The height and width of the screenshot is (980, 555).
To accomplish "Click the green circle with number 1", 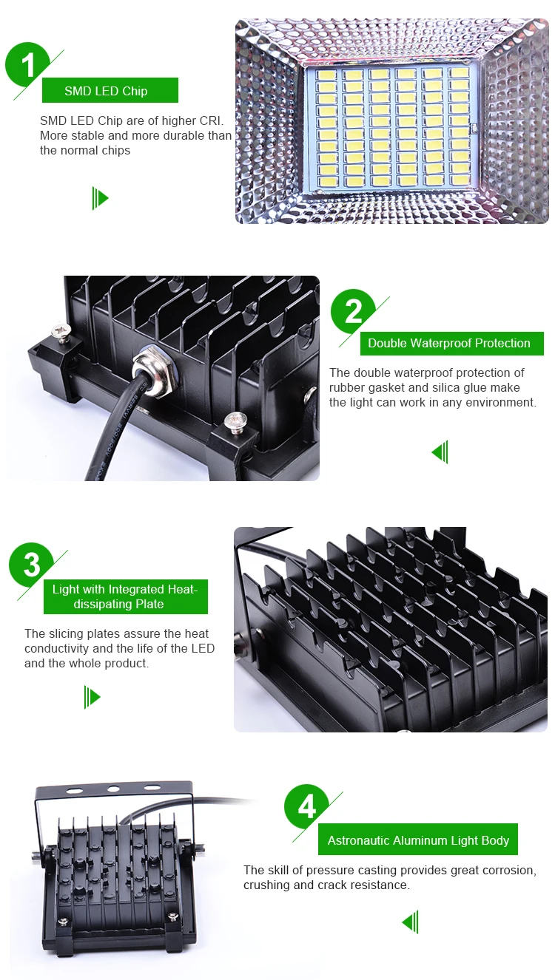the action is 27,64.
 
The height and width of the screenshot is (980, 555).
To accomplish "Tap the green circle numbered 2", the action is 353,311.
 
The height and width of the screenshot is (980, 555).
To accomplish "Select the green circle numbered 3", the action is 31,565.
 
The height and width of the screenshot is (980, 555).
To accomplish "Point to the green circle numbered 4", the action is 306,806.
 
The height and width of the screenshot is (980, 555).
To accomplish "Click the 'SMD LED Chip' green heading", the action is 110,91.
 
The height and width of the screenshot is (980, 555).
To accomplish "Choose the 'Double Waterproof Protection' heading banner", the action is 451,344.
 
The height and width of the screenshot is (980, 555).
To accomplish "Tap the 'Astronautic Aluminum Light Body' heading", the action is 418,840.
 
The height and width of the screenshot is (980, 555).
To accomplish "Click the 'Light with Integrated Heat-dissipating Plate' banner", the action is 125,596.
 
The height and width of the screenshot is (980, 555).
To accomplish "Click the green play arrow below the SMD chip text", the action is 100,198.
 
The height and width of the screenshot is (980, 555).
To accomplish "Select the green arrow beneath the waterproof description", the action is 440,452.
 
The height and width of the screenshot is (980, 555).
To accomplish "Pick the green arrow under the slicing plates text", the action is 92,697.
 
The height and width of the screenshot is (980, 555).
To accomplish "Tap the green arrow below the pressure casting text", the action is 410,922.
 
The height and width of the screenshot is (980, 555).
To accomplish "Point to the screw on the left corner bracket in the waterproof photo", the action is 61,330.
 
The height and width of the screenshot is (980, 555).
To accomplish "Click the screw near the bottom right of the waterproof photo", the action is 235,423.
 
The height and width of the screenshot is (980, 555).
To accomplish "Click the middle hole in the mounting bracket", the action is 113,789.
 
